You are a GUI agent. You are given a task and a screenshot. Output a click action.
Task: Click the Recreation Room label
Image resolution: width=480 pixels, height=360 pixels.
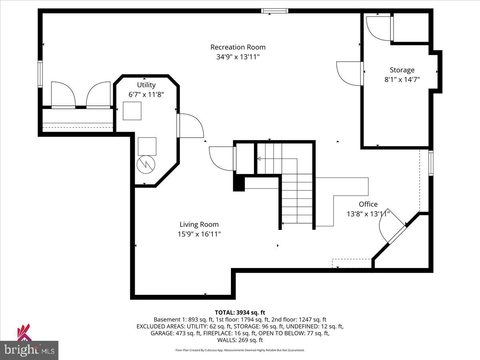click(238, 47)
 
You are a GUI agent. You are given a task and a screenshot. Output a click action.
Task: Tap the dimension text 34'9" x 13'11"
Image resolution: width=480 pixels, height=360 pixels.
click(238, 57)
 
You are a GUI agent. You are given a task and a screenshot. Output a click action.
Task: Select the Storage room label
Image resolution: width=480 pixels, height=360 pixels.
click(402, 70)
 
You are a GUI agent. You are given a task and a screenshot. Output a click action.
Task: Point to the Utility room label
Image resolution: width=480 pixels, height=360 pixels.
click(146, 85)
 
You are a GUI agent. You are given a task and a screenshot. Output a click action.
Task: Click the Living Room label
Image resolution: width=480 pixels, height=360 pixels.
click(199, 224)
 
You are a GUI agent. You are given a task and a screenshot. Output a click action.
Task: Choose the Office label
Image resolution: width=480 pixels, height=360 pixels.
click(368, 204)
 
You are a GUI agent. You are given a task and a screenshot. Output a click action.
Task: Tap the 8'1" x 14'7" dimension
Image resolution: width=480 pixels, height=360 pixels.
click(402, 80)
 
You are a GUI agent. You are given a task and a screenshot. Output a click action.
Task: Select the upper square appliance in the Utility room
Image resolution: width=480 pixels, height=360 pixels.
click(132, 111)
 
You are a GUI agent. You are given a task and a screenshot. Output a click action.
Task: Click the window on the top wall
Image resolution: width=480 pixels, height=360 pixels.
click(274, 11)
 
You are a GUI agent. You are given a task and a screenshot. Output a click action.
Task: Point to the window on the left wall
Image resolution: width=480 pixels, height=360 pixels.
click(40, 74)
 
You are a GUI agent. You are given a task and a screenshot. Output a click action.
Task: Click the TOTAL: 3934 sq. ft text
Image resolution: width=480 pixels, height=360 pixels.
click(240, 312)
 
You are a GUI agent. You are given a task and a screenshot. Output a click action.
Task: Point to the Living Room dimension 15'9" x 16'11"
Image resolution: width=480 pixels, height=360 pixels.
click(199, 234)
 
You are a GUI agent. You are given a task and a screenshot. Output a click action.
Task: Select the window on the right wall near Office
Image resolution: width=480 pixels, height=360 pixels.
click(431, 163)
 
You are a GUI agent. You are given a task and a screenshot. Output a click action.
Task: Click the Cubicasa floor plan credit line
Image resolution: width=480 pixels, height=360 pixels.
click(240, 350)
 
